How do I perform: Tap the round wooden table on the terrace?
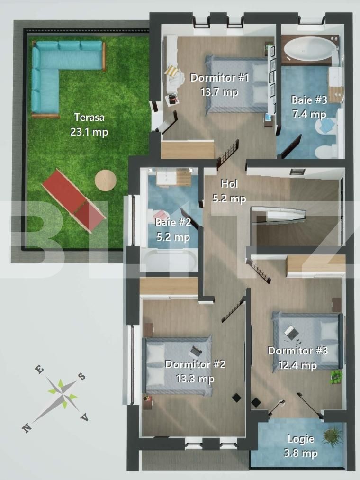(105, 180)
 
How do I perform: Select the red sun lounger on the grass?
(73, 200)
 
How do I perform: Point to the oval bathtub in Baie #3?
(309, 49)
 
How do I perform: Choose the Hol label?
(230, 184)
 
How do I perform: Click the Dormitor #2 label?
(195, 364)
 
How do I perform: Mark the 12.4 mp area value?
(297, 365)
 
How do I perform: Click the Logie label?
(300, 439)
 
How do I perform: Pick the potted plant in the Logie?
(332, 436)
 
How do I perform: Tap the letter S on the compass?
(81, 376)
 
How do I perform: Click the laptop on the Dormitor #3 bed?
(290, 332)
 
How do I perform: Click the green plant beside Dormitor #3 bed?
(336, 377)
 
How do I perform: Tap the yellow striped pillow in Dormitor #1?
(172, 72)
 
